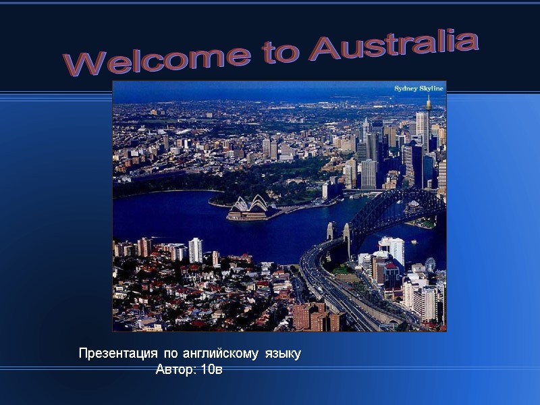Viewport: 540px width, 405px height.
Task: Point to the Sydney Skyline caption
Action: click(x=418, y=88)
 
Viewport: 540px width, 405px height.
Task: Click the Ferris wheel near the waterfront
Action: click(x=430, y=265)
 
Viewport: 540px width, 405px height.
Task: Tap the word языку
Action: click(x=283, y=353)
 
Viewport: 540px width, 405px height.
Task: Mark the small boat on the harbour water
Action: click(x=413, y=241)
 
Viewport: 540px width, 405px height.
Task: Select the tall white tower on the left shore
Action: click(x=195, y=250)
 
